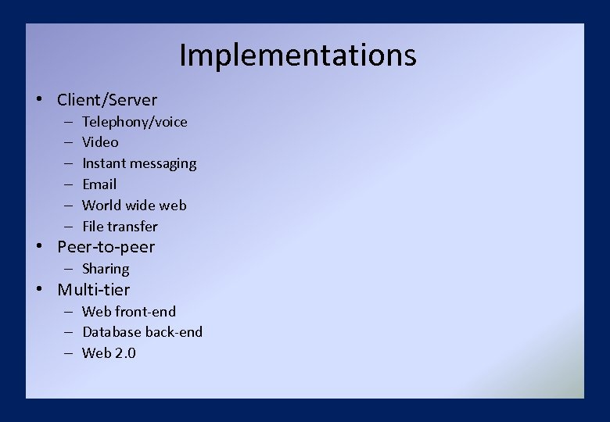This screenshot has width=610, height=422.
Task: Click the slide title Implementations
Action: point(297,55)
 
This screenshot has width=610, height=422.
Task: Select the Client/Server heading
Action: point(107,100)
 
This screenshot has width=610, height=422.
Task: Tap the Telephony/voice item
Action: point(135,122)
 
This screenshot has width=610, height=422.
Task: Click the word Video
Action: point(100,142)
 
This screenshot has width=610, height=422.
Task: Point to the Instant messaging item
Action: point(139,163)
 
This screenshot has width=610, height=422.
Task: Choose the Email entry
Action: point(99,184)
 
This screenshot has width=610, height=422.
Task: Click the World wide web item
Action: point(135,206)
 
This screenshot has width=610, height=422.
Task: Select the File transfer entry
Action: point(120,227)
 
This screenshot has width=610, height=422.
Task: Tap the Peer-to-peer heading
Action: point(106,248)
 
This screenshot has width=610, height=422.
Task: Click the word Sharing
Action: point(106,269)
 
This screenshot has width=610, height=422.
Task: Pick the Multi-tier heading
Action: point(94,290)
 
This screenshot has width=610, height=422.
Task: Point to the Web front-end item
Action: point(129,312)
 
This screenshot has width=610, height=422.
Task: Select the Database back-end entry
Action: point(142,332)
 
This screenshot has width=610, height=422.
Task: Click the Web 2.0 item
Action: point(109,353)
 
